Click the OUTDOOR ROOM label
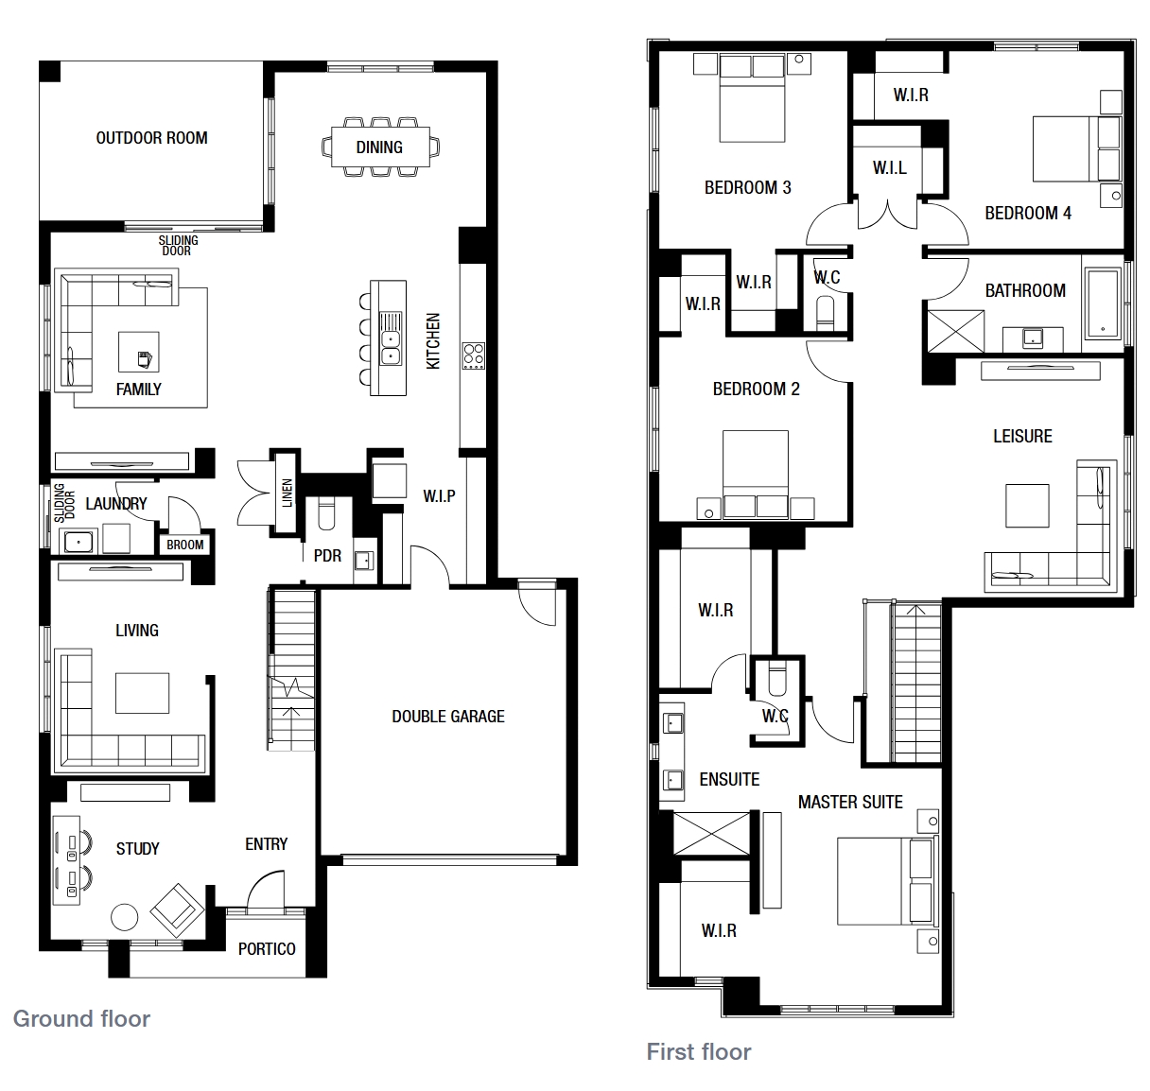pos(151,138)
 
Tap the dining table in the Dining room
pos(380,147)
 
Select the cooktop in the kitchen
pos(473,355)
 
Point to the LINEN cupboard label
pos(287,493)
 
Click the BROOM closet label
pos(184,545)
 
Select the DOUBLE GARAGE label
pos(448,717)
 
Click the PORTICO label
pos(267,949)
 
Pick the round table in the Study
pos(125,917)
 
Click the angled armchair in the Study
pos(177,909)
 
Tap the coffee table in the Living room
pos(142,693)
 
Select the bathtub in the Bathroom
pos(1102,303)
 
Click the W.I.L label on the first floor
pos(890,168)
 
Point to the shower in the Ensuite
pos(711,833)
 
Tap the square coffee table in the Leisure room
pos(1027,506)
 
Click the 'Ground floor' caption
pos(82,1018)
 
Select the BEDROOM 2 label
pos(756,389)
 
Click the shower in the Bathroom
pos(956,331)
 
